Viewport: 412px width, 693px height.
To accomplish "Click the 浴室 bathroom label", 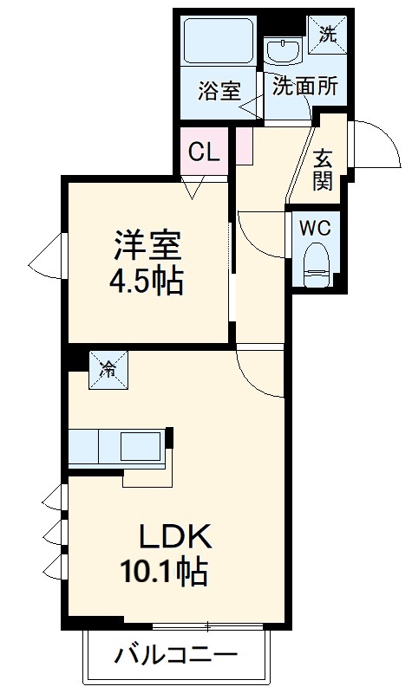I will pos(219,91).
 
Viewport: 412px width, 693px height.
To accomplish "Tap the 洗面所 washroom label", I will pos(299,86).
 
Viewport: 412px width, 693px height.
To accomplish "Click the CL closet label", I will pos(204,152).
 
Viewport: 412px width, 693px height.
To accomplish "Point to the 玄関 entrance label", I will pos(324,169).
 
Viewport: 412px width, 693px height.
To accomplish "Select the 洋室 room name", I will pos(147,246).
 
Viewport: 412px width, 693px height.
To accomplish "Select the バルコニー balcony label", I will pos(175,655).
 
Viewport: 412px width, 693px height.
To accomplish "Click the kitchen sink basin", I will pos(139,447).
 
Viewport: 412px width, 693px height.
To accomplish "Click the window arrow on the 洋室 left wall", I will pos(43,259).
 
